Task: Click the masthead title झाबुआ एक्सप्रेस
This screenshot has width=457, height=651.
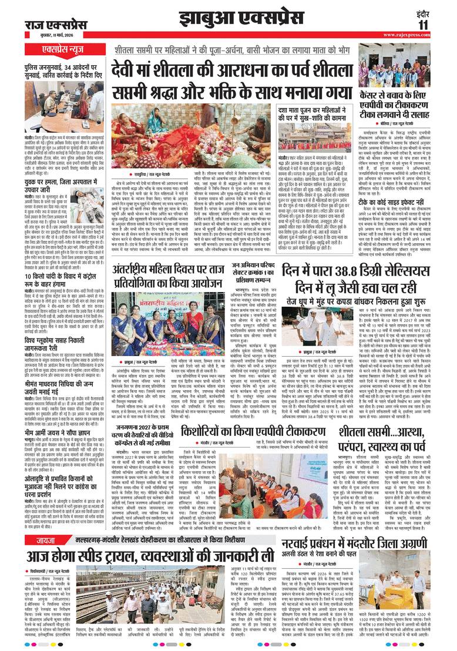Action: pos(229,18)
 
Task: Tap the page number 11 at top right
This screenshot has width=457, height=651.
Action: pos(424,25)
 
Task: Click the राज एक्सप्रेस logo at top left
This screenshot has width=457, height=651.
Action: pos(56,25)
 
